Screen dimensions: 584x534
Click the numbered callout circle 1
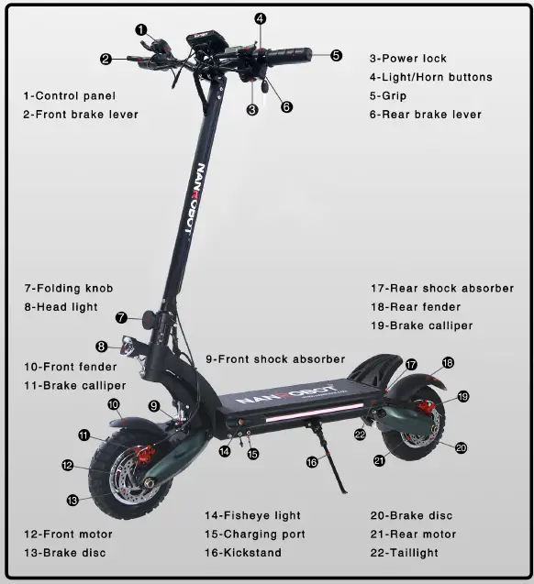point(141,29)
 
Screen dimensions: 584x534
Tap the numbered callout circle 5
point(337,55)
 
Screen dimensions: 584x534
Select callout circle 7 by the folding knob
point(122,317)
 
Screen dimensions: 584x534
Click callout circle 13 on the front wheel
point(72,500)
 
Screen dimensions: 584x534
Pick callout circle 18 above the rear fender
point(448,362)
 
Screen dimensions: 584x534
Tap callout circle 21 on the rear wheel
point(379,461)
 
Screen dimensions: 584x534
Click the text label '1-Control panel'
point(70,95)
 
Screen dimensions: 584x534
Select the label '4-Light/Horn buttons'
point(431,77)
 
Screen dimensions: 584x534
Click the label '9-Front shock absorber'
point(275,359)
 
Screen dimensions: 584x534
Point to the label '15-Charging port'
point(255,534)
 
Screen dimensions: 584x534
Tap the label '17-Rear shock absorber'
point(441,288)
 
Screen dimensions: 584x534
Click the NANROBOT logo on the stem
point(195,201)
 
